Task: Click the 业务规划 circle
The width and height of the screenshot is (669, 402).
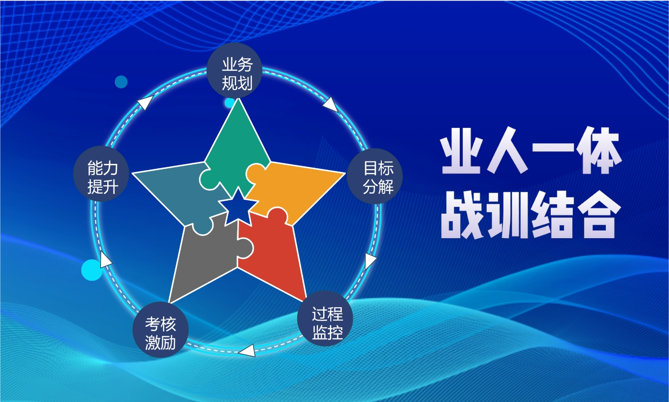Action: (234, 70)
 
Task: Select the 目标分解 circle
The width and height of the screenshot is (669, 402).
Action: (375, 176)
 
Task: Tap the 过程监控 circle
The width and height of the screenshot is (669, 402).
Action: (325, 318)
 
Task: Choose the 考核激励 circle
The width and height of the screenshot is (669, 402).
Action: (161, 330)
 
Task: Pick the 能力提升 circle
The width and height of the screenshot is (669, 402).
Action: (101, 174)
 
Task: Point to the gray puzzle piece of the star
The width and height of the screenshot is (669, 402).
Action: (206, 257)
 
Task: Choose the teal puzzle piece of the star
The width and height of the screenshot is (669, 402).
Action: (179, 195)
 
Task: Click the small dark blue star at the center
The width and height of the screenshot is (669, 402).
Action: (238, 207)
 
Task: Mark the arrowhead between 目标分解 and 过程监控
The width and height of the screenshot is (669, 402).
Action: (370, 262)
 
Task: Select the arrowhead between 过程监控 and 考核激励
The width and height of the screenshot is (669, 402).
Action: (247, 351)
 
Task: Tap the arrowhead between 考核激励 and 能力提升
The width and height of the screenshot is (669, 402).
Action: (105, 259)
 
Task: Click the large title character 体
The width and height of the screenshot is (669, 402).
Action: (599, 150)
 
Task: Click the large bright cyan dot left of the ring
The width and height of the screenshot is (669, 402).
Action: (92, 270)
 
